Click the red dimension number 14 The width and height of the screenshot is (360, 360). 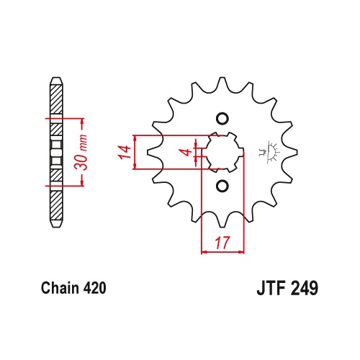pyautogui.click(x=125, y=152)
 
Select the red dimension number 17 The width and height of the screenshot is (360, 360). pyautogui.click(x=222, y=243)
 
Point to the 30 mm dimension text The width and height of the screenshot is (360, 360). pyautogui.click(x=81, y=153)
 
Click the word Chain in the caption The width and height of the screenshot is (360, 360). pyautogui.click(x=60, y=288)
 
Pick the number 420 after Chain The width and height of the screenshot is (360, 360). pyautogui.click(x=94, y=288)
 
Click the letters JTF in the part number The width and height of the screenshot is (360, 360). pyautogui.click(x=272, y=288)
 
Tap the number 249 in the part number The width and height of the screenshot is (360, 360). pyautogui.click(x=305, y=288)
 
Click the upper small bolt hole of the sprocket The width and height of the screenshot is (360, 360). pyautogui.click(x=222, y=118)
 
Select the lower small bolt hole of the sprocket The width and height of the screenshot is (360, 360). pyautogui.click(x=222, y=186)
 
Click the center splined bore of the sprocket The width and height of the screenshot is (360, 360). pyautogui.click(x=222, y=152)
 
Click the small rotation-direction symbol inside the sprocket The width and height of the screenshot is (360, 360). pyautogui.click(x=269, y=152)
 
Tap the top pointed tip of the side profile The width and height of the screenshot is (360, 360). pyautogui.click(x=57, y=78)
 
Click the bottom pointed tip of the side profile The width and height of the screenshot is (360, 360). pyautogui.click(x=57, y=226)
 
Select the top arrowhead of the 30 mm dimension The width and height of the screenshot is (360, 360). pyautogui.click(x=82, y=122)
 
